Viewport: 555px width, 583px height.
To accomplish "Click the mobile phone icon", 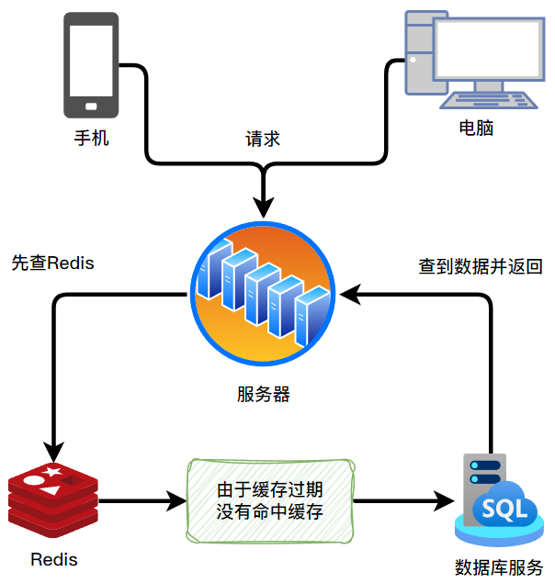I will click(x=92, y=64).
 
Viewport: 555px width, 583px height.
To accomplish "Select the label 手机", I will click(x=92, y=140).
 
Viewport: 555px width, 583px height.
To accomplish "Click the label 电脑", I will click(x=477, y=129).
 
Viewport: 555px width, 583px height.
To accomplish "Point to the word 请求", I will click(x=263, y=140).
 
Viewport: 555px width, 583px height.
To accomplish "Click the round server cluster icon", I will click(x=265, y=293).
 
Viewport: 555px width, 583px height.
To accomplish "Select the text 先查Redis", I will click(x=52, y=263).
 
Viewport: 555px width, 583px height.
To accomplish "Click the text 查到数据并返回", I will click(x=481, y=267).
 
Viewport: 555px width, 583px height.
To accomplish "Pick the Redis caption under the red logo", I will click(x=53, y=559).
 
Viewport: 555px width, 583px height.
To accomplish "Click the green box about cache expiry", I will click(x=270, y=501).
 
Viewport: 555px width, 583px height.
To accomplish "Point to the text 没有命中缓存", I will click(x=270, y=512).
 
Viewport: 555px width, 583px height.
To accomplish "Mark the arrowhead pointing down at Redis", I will click(x=53, y=451).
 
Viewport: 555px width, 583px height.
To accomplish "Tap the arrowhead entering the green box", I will click(x=176, y=501).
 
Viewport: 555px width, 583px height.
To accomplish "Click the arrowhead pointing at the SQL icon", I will click(x=447, y=501).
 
